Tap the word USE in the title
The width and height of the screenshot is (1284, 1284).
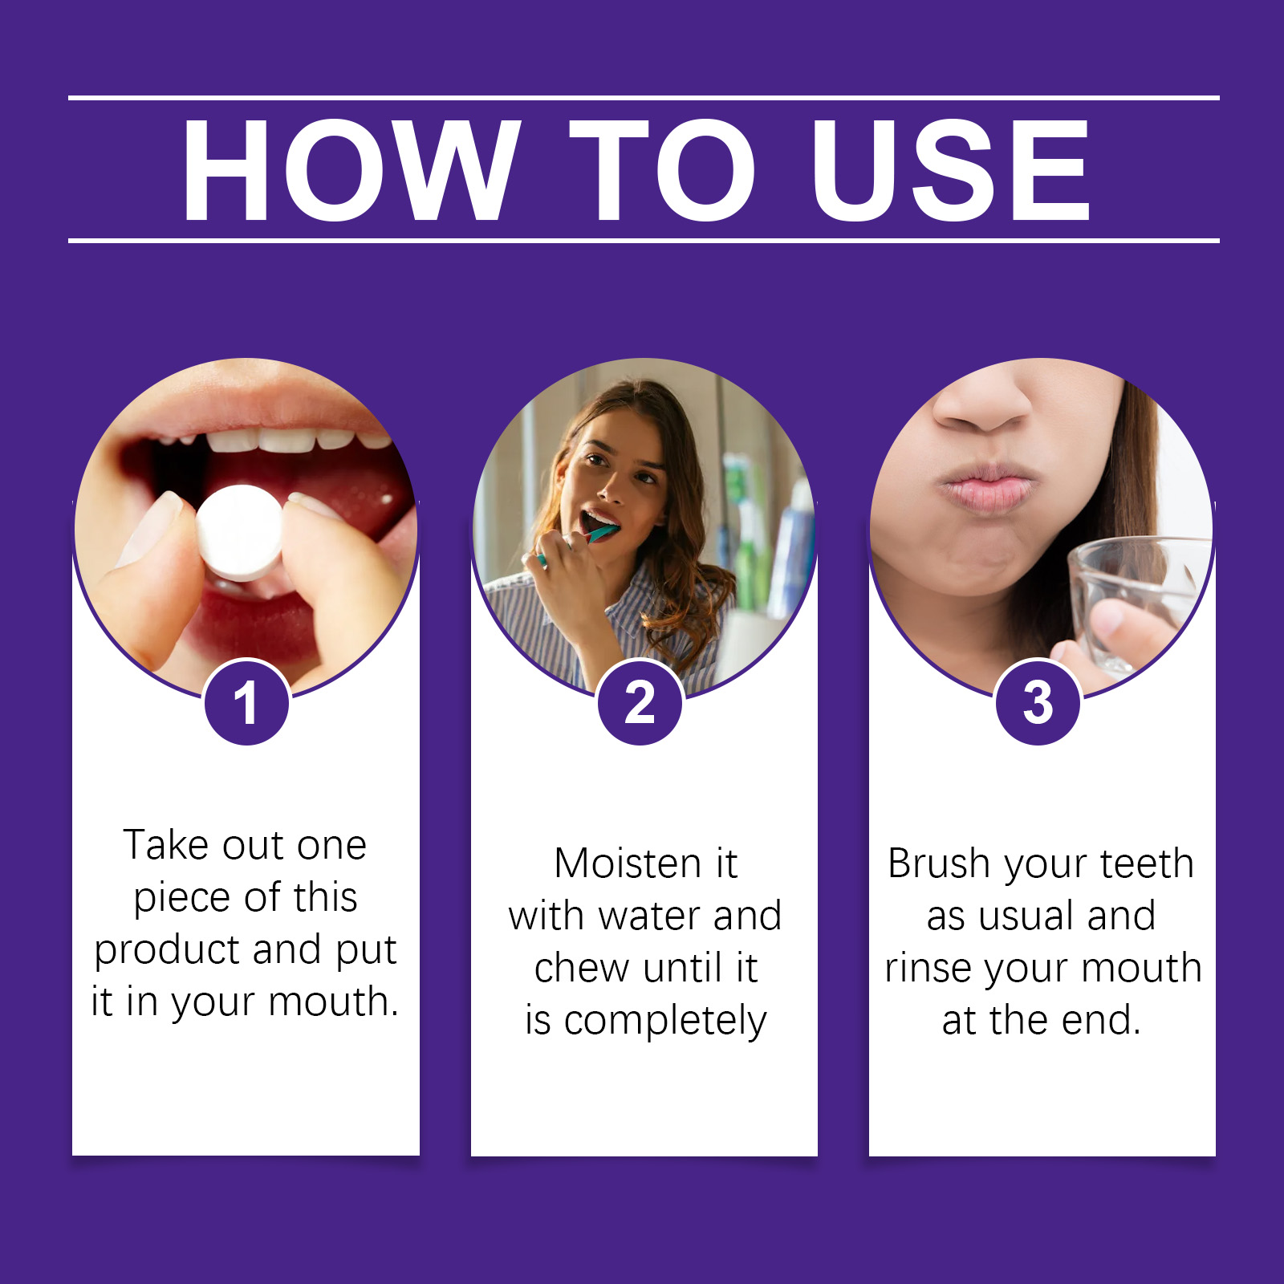tap(951, 169)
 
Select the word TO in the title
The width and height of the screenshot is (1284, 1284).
tap(663, 169)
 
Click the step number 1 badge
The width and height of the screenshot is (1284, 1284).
tap(246, 703)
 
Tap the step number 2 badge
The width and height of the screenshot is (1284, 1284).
tap(640, 703)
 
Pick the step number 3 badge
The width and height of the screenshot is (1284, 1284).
tap(1038, 703)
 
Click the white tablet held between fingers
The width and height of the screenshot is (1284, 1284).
tap(239, 533)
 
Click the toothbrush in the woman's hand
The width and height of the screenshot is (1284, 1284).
tap(579, 539)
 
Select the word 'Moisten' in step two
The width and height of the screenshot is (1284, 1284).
tap(628, 863)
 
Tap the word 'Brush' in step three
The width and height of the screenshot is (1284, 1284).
tap(939, 863)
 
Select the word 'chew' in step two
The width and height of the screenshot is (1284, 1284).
tap(582, 968)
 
